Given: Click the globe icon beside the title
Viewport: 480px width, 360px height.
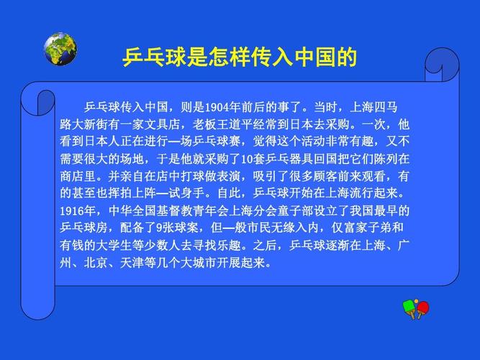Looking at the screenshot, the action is pyautogui.click(x=60, y=49).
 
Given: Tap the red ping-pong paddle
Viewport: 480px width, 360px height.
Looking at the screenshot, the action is pyautogui.click(x=422, y=309).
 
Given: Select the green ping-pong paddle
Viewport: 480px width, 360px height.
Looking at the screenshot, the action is pyautogui.click(x=409, y=308).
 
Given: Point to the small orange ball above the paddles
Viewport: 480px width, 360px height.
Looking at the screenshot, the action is pyautogui.click(x=416, y=302).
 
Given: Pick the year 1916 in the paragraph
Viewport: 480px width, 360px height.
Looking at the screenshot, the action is pyautogui.click(x=72, y=211).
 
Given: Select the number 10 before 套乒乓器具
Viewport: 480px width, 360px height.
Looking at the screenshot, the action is pyautogui.click(x=247, y=159).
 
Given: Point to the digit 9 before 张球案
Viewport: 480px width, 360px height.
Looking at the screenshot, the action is pyautogui.click(x=159, y=228).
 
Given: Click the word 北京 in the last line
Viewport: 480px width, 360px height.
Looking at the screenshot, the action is pyautogui.click(x=96, y=263).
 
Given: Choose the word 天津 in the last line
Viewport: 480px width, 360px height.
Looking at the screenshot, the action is pyautogui.click(x=132, y=263).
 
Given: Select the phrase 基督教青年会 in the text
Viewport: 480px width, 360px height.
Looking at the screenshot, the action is pyautogui.click(x=193, y=211).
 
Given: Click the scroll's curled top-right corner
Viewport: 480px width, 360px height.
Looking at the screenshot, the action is pyautogui.click(x=442, y=65).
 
